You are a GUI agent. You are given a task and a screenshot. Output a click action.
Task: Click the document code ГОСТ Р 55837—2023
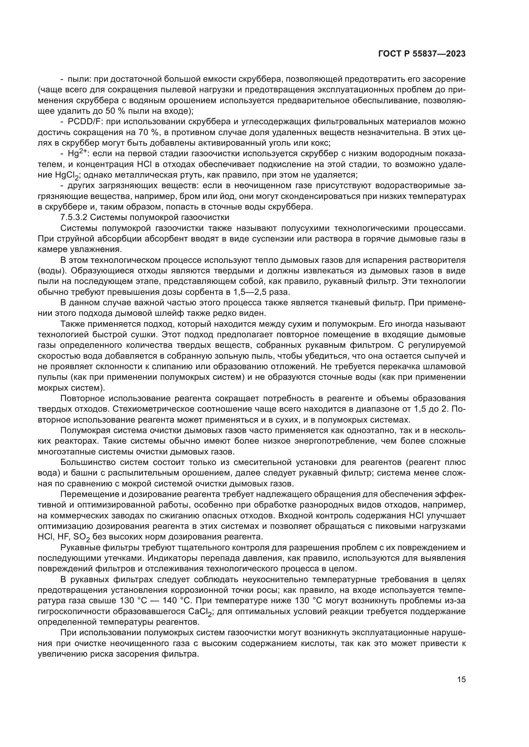coord(422,54)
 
